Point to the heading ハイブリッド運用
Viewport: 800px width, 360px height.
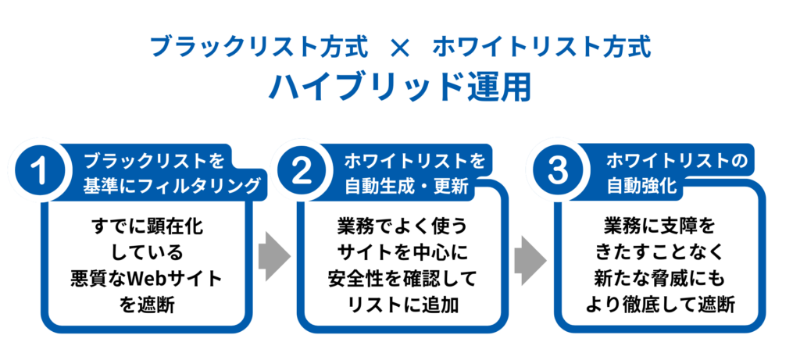(x=399, y=87)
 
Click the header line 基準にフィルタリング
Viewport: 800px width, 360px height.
(x=171, y=187)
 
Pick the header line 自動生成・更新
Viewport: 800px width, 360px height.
(x=416, y=187)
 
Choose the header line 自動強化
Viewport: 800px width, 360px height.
(x=641, y=187)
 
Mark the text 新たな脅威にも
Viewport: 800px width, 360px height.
(x=659, y=279)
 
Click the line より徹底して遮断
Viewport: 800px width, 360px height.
(x=659, y=305)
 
